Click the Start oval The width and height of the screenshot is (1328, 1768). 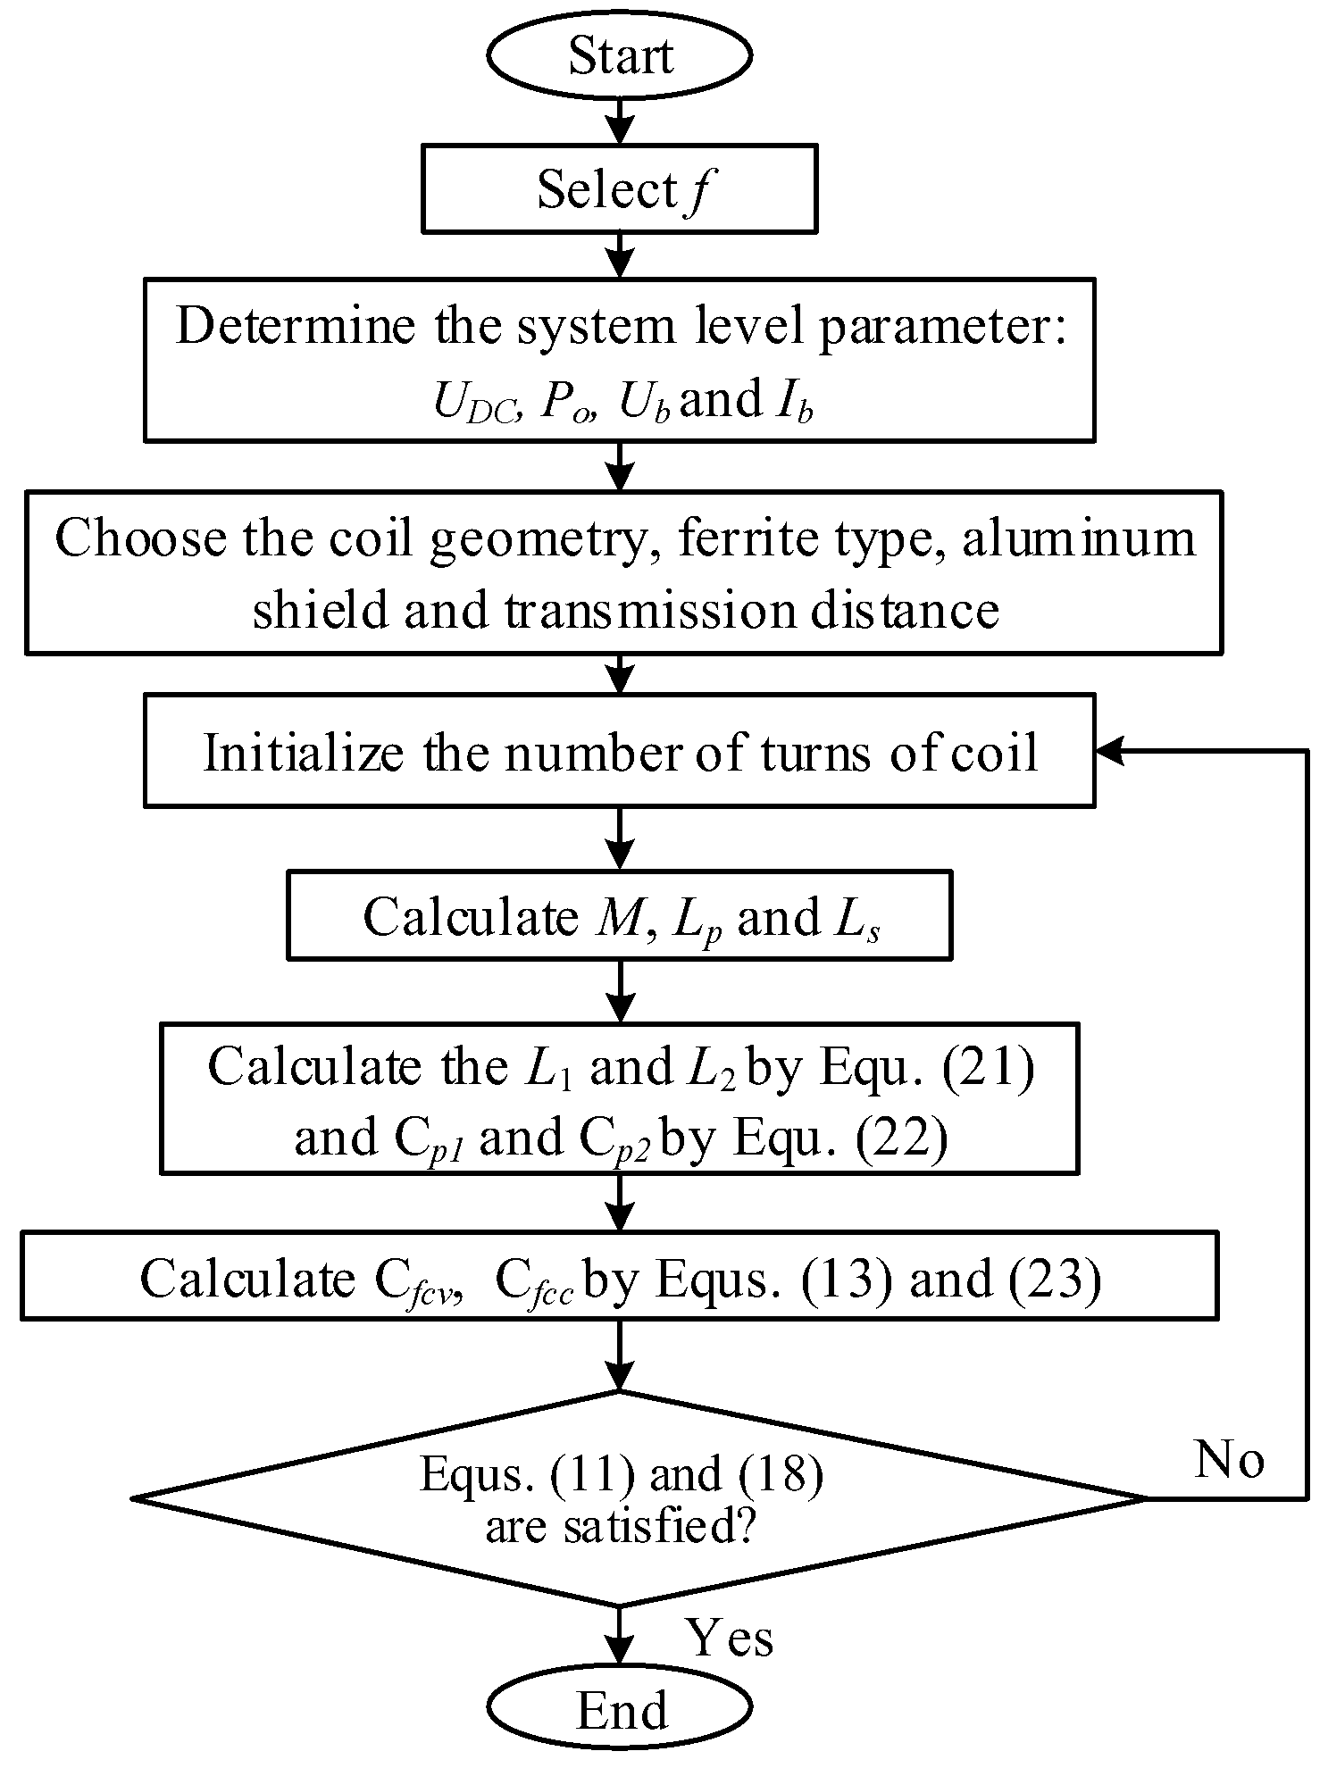pos(619,56)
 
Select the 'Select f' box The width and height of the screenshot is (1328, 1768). pos(619,190)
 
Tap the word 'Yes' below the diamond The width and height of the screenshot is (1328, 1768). pos(728,1638)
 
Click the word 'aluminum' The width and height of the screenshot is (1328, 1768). pos(1078,538)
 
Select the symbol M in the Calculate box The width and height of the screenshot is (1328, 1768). pos(618,916)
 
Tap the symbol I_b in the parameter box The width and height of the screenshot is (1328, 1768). pos(790,402)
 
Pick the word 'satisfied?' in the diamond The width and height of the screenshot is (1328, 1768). pos(660,1526)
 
